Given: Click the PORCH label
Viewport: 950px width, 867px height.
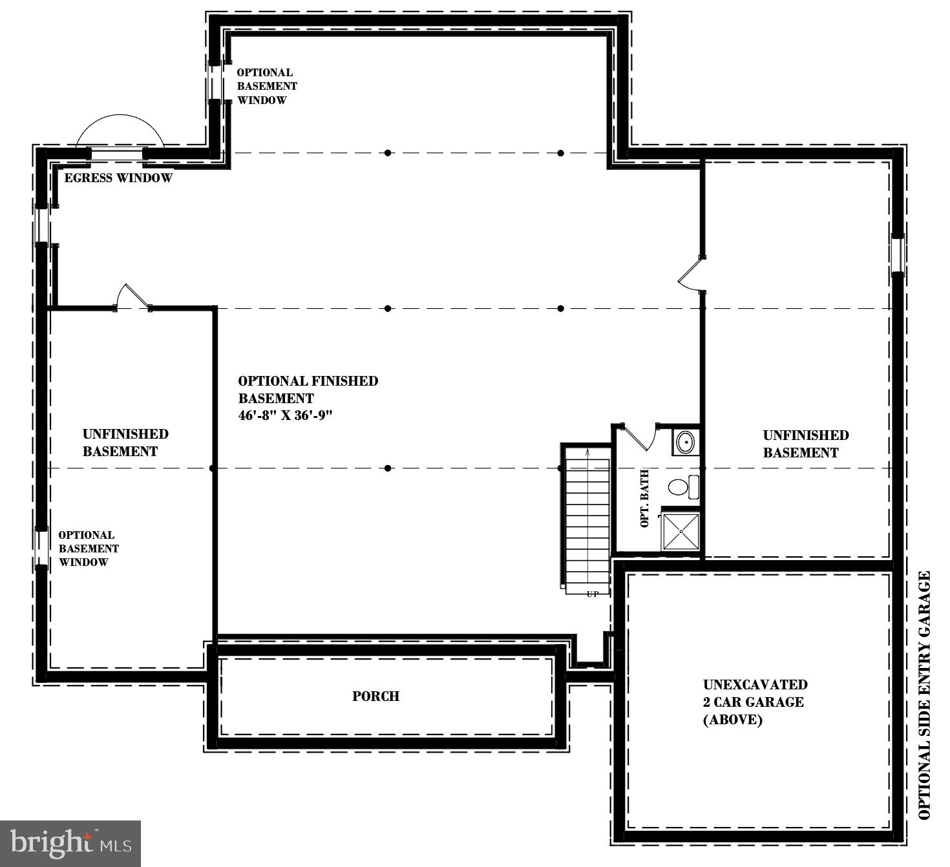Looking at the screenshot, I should (375, 696).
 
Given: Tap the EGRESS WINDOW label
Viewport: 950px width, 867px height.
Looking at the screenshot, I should (118, 178).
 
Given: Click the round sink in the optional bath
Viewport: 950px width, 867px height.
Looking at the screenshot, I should (685, 443).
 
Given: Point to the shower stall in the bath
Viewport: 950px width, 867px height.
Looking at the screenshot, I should (681, 532).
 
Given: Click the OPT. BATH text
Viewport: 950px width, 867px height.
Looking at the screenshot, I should (644, 499).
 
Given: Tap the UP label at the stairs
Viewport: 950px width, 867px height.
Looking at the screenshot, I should (593, 594).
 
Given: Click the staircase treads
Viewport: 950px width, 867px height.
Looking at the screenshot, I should (587, 517).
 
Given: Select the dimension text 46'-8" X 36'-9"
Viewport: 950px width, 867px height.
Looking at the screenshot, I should (285, 416).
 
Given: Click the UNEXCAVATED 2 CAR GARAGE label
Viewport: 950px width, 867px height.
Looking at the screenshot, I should (755, 702).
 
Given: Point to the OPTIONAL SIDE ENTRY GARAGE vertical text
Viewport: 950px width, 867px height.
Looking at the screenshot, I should (925, 695).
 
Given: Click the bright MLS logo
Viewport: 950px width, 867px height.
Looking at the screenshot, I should (70, 843).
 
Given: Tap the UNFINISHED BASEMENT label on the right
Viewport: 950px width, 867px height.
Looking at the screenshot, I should (805, 444).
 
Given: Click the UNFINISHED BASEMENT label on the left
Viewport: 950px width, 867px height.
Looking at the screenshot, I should (125, 443).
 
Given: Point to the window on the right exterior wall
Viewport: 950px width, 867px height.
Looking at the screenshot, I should (898, 256).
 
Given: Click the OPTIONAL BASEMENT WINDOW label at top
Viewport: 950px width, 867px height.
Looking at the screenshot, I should (266, 87).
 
